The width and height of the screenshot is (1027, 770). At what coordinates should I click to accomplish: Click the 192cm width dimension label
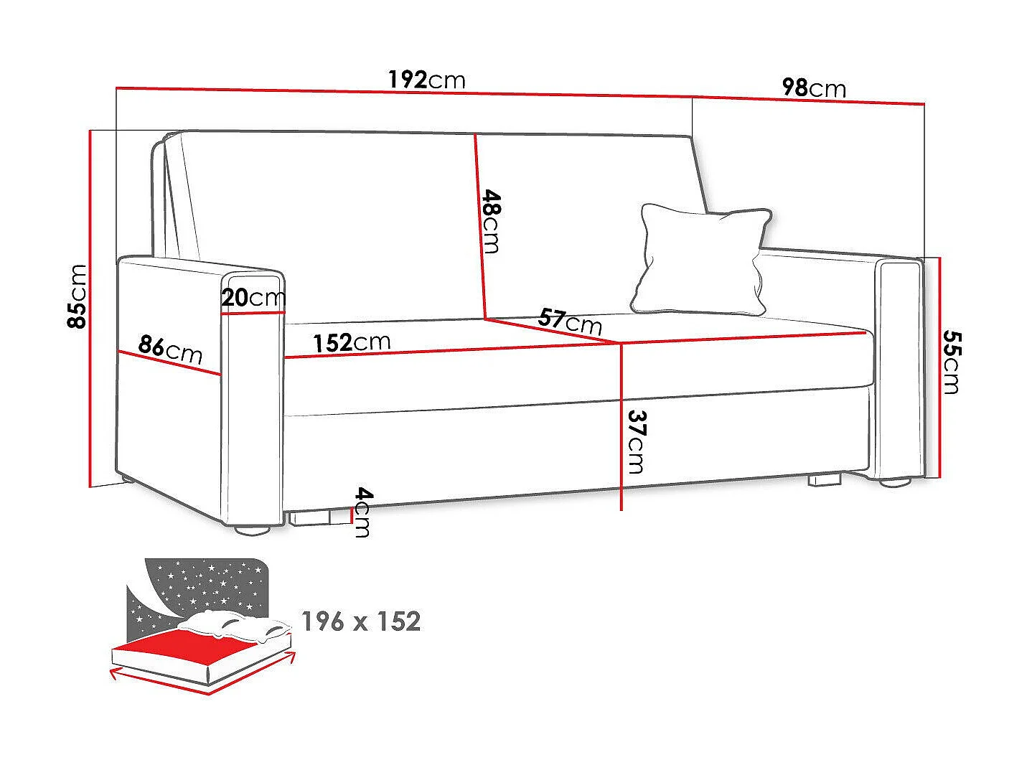coord(426,79)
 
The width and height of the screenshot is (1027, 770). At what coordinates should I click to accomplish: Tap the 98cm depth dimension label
coord(813,88)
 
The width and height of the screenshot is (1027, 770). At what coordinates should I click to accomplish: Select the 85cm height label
coord(76,296)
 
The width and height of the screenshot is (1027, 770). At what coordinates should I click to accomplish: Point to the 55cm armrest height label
coord(951,362)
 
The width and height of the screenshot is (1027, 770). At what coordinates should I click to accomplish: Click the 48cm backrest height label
coord(491,220)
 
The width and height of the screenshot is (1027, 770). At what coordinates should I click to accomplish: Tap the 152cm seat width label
coord(352,342)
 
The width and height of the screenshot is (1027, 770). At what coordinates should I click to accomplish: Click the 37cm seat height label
coord(635,441)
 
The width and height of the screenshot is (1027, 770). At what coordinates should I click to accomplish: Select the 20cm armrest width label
coord(253,297)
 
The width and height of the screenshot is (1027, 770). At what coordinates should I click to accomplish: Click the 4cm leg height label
coord(363,512)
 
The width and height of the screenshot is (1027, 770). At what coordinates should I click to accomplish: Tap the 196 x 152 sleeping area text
coord(360,621)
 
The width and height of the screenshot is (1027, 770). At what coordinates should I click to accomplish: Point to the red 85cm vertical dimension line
coord(90,309)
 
